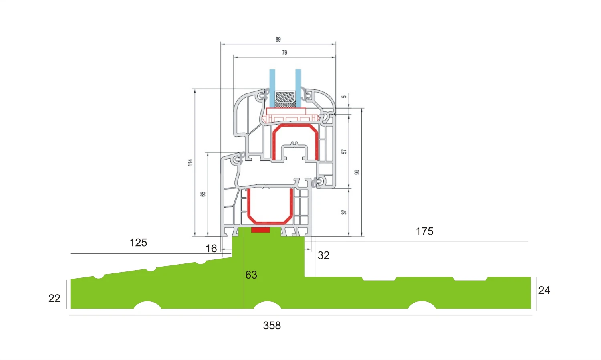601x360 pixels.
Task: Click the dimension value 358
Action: point(272,326)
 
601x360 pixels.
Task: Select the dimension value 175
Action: point(424,231)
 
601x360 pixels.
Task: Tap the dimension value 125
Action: point(138,243)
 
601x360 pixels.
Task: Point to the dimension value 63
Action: point(251,275)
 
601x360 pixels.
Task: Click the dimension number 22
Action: point(54,298)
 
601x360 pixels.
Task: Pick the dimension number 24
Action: point(544,291)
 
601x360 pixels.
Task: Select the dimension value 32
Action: point(323,255)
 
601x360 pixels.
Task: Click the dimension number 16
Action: point(211,249)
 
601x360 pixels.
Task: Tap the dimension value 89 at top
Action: point(278,39)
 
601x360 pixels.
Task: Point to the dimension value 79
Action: point(284,52)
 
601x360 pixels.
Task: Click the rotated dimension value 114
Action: point(190,162)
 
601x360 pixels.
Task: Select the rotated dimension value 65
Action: point(203,194)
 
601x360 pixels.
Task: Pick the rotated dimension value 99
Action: point(357,172)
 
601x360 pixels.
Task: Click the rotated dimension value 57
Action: point(344,152)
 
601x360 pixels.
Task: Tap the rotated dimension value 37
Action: point(344,212)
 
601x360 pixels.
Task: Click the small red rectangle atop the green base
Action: point(260,230)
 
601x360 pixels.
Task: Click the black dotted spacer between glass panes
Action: point(285,99)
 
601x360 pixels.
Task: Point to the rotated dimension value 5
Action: point(344,97)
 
